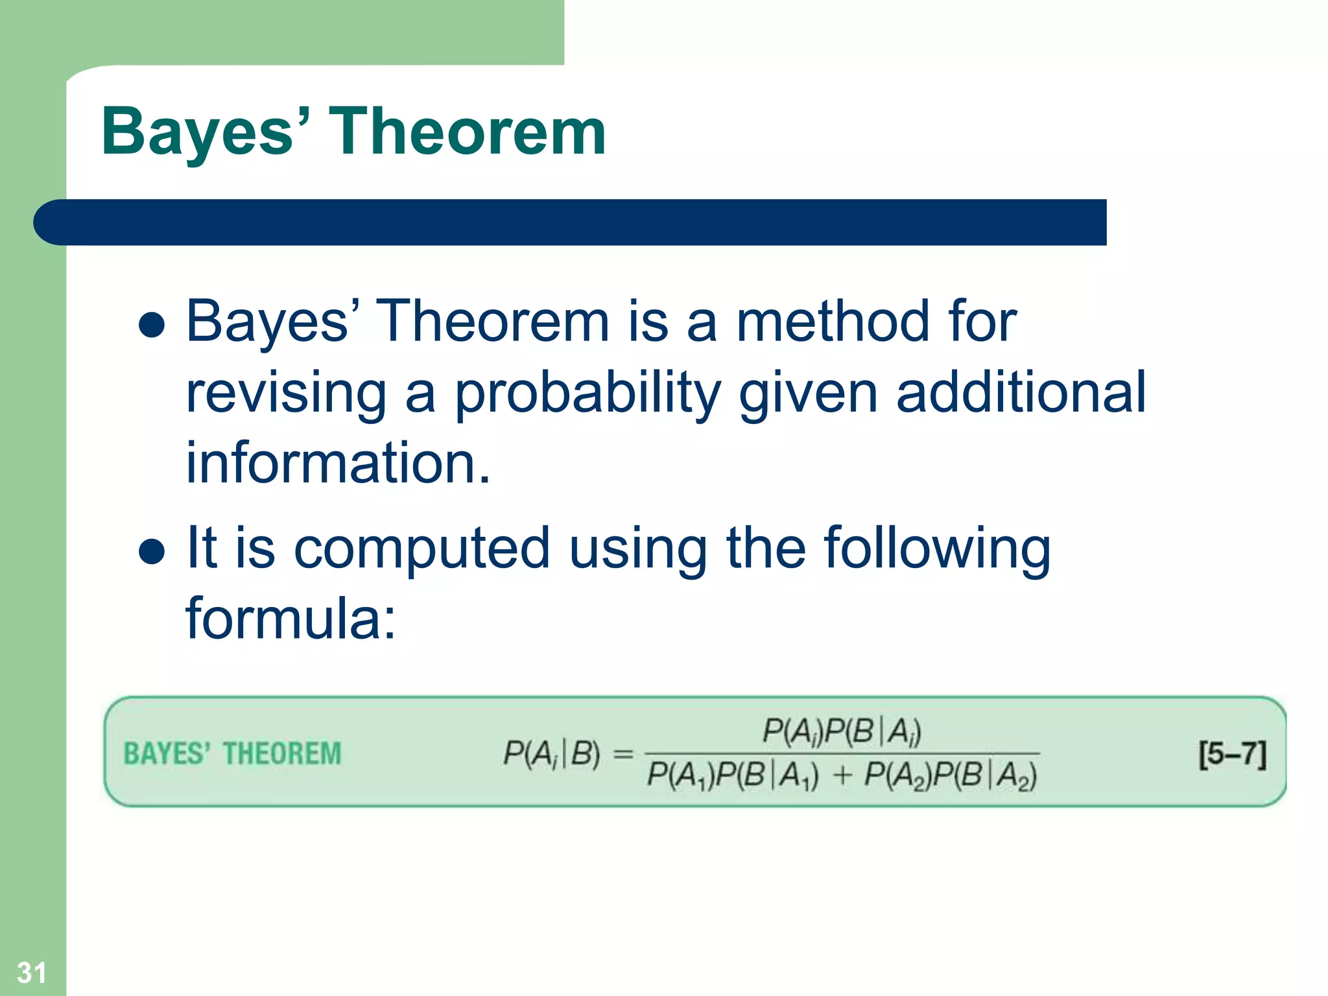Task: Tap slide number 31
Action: (x=31, y=972)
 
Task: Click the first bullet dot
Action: (x=152, y=325)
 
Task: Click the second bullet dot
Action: (x=152, y=551)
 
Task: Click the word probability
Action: (x=587, y=394)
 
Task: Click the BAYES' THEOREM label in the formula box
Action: (x=232, y=754)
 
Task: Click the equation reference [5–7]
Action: (x=1231, y=754)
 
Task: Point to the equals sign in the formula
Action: (x=622, y=754)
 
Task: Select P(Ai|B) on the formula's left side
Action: (x=552, y=754)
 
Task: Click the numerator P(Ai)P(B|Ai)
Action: (x=841, y=731)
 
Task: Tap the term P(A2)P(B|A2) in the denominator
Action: (x=950, y=776)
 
